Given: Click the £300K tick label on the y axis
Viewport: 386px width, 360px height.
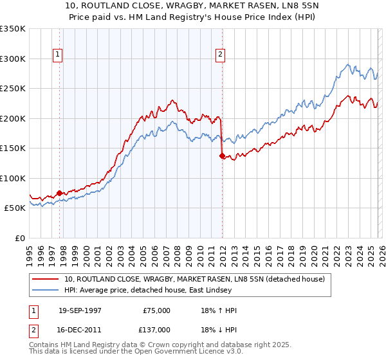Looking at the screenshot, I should (x=13, y=59).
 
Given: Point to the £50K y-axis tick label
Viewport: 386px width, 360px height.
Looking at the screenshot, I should (x=15, y=208).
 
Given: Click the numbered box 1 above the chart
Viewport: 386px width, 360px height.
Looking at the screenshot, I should (x=59, y=55).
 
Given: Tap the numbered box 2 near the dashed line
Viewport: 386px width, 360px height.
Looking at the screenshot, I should (x=220, y=55).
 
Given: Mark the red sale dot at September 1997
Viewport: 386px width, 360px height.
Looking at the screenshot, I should (x=60, y=193).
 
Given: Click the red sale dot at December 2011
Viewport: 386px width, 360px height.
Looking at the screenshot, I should (x=222, y=156).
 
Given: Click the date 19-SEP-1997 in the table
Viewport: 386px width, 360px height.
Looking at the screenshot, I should (x=80, y=310).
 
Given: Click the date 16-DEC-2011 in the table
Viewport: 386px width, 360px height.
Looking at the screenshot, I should (x=80, y=329).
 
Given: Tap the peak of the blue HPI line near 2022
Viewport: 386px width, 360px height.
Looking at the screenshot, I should (x=348, y=64).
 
